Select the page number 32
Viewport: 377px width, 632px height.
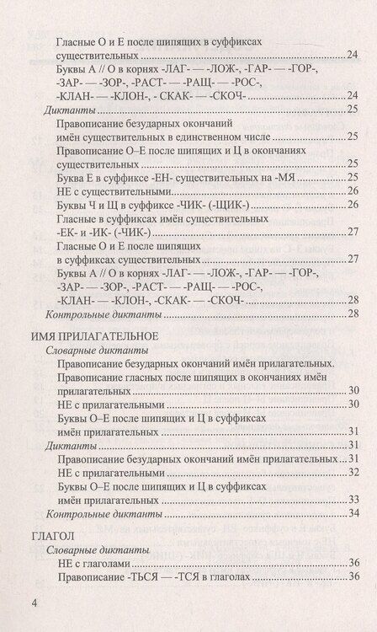[354, 472]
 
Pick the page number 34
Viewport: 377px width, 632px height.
[354, 513]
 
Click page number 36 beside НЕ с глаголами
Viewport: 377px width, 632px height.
[354, 562]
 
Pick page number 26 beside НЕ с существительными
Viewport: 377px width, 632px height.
[354, 190]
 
